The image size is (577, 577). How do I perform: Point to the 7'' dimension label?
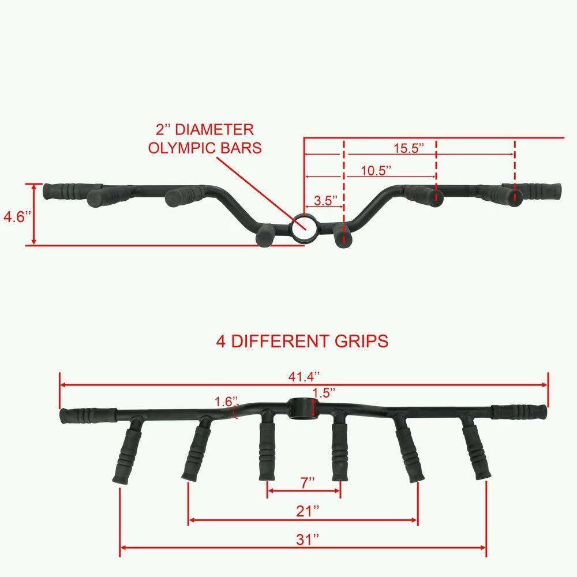click(x=308, y=482)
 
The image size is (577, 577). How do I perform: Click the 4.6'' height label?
click(x=14, y=217)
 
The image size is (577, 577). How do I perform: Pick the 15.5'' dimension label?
click(x=409, y=147)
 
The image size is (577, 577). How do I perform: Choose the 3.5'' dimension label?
click(x=325, y=201)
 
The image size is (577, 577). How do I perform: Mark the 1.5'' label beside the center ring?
click(x=324, y=392)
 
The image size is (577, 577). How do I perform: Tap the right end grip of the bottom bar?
click(x=519, y=411)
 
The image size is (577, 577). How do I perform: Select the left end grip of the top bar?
click(x=65, y=189)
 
